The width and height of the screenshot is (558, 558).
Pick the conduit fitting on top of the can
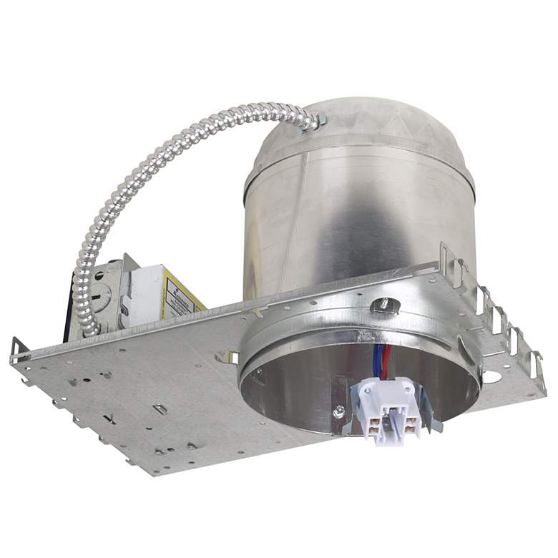pos(315,123)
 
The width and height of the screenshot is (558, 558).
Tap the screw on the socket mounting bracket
pos(338,411)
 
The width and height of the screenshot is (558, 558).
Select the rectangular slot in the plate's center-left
pos(160,408)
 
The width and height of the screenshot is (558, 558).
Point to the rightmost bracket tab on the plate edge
pos(538,365)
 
